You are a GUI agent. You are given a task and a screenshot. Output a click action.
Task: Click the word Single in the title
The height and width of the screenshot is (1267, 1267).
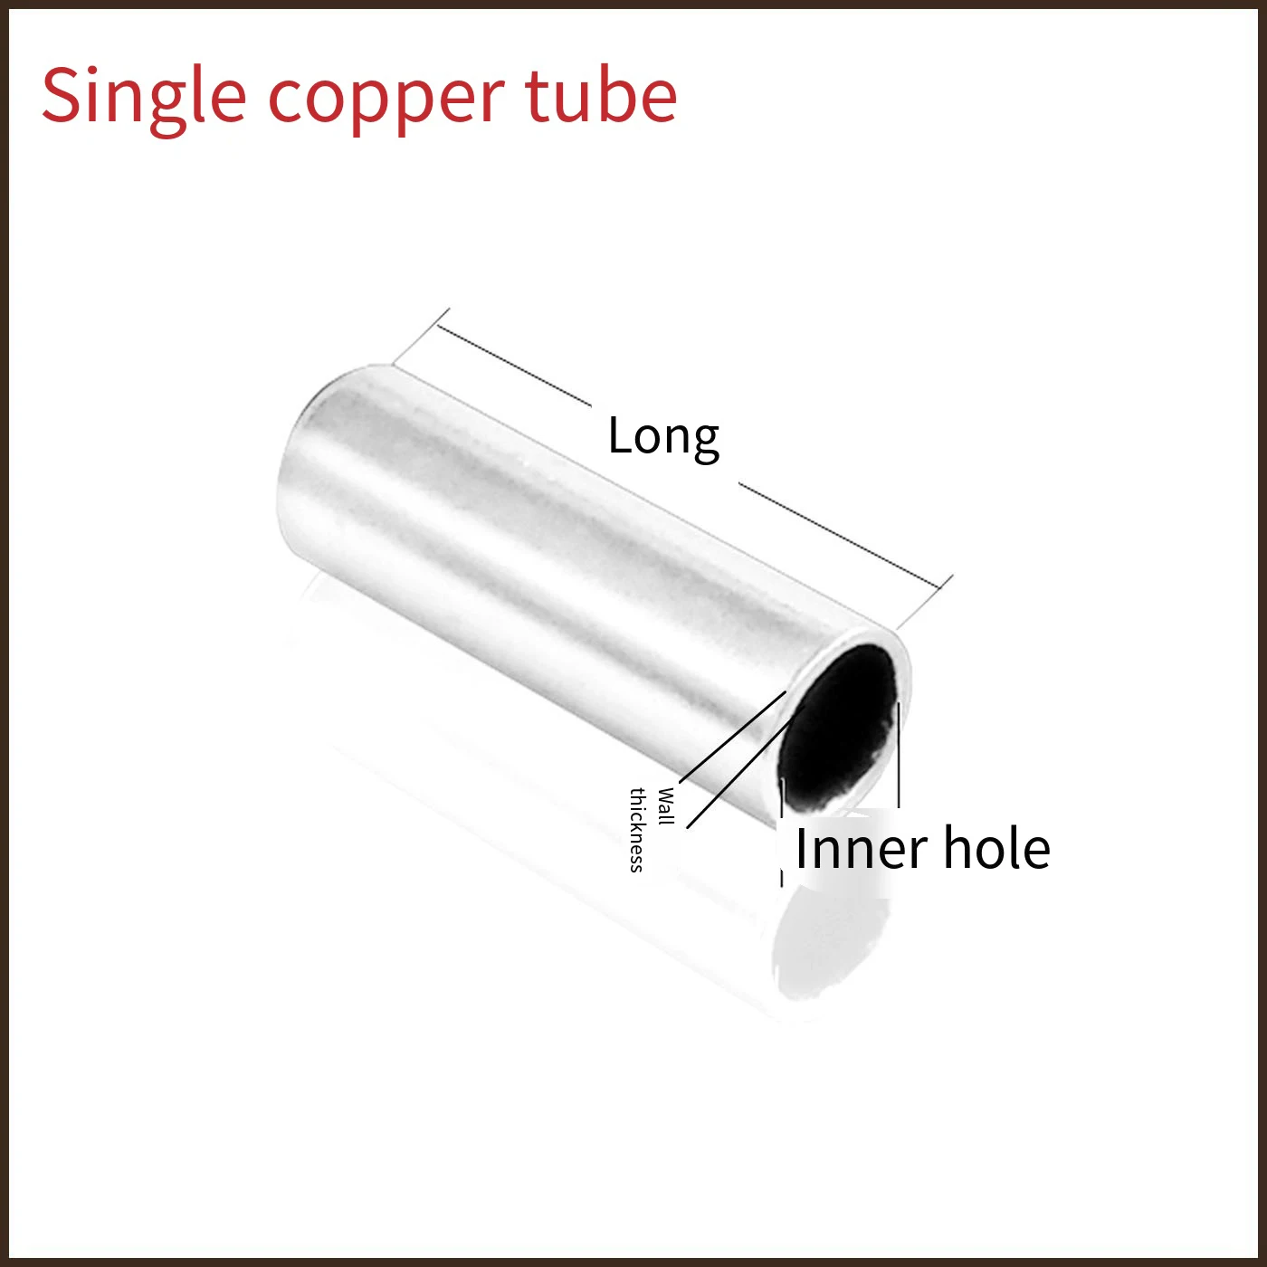point(144,99)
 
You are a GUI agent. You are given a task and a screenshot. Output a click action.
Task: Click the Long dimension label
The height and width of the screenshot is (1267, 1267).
point(663,439)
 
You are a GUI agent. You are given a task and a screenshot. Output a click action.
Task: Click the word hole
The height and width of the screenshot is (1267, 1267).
point(996,847)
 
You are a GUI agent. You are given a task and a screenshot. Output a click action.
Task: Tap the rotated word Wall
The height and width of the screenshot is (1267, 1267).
point(666,806)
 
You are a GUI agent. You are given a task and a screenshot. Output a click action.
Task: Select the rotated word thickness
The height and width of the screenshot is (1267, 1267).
point(637,830)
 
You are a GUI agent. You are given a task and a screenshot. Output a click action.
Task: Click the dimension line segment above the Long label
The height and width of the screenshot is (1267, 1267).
point(514,365)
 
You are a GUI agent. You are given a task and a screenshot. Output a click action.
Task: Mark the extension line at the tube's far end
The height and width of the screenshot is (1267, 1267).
point(421,336)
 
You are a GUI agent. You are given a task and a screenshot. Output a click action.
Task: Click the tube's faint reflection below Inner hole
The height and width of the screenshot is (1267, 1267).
point(832,947)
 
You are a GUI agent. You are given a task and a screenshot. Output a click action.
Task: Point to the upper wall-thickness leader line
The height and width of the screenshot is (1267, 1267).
point(732,737)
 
